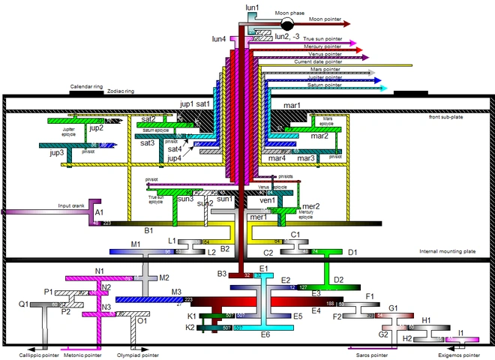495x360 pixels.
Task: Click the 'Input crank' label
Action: tap(73, 205)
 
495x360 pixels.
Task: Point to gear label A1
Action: tap(99, 213)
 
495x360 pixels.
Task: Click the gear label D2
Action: tap(338, 280)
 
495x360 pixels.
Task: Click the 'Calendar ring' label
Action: tap(86, 86)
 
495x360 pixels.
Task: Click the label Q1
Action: tap(24, 304)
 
